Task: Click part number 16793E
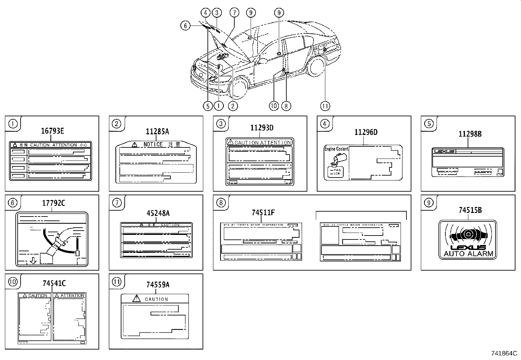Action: [52, 131]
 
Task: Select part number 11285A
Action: [157, 131]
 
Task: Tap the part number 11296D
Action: [366, 132]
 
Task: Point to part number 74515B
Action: [470, 210]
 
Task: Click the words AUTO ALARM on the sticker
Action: [468, 254]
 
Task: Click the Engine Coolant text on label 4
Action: [336, 149]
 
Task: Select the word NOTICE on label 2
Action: [153, 144]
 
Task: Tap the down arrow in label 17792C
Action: [33, 261]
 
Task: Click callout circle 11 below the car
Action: [325, 106]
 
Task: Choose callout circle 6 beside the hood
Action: [185, 26]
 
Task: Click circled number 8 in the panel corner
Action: [221, 203]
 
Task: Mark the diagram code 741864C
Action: [504, 353]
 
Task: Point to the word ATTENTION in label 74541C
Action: [72, 295]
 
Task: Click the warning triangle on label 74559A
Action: [136, 298]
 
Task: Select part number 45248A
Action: [158, 213]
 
